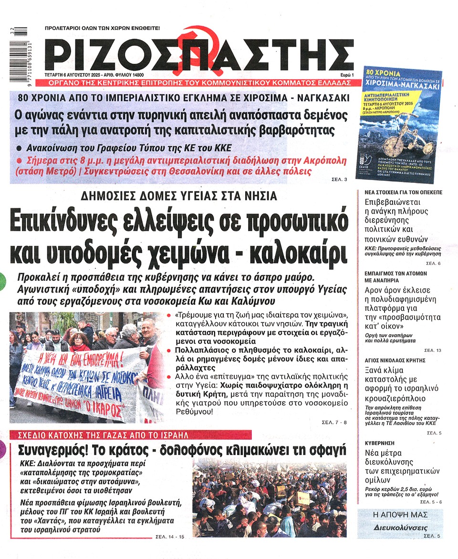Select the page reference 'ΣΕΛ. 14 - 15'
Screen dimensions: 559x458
click(169, 537)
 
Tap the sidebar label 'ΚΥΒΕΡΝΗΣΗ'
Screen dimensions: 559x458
click(380, 443)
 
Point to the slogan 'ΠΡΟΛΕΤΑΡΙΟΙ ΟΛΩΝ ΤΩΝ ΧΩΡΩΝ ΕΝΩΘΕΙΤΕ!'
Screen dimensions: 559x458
click(102, 28)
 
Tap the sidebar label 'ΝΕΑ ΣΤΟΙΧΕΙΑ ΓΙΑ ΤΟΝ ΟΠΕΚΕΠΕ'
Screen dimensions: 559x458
click(399, 192)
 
